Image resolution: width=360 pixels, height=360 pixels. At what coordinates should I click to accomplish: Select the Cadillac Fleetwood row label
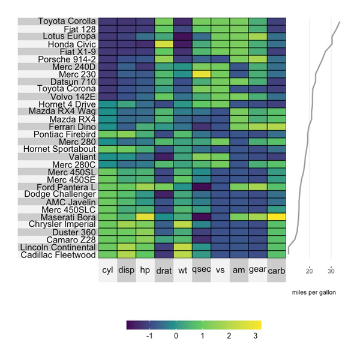coord(59,254)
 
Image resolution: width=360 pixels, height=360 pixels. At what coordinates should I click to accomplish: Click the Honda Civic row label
coord(71,44)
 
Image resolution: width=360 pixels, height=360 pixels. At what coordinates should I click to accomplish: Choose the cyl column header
coord(107,271)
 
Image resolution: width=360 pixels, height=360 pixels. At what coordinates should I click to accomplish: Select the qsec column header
coord(201,271)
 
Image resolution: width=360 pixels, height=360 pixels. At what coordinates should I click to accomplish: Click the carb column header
coord(277,271)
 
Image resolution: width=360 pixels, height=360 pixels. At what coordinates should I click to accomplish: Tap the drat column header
coord(164,271)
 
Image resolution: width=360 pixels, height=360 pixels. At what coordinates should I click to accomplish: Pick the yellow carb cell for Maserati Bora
coord(277,217)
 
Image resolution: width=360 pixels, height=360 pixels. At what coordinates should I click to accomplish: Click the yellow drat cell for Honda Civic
coord(164,44)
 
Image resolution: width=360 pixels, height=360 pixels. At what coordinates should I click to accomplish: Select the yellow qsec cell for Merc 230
coord(202,74)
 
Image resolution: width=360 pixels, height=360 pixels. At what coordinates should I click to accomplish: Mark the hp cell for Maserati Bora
coord(145,217)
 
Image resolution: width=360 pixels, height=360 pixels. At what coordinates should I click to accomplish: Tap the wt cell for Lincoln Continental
coord(182,247)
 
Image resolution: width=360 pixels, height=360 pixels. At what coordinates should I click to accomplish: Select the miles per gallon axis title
coord(314,292)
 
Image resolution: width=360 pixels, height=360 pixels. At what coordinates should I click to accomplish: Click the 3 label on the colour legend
coord(256,337)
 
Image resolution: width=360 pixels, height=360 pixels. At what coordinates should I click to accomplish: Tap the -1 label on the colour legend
coord(148,337)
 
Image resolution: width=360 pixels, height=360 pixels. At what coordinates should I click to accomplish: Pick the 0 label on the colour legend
coord(176,337)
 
